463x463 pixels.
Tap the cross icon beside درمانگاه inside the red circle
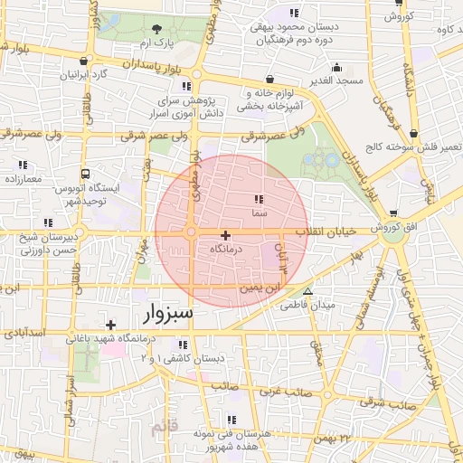coord(225,235)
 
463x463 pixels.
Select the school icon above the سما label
coord(259,199)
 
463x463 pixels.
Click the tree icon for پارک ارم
coord(158,29)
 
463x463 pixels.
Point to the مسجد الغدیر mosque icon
coord(337,67)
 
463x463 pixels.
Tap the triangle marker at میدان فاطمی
coord(308,291)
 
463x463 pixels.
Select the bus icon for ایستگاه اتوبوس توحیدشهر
coord(85,173)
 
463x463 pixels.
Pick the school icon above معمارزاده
coord(23,165)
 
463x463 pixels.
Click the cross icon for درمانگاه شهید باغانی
coord(110,324)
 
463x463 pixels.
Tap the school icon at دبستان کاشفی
coord(184,345)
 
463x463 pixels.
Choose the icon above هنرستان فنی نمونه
coord(231,420)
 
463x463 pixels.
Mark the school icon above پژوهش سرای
coord(188,87)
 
